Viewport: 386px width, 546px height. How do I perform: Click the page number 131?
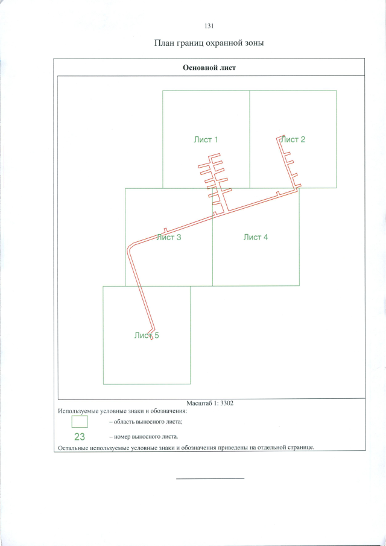click(x=209, y=26)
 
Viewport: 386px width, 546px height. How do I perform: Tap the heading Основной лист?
click(x=209, y=68)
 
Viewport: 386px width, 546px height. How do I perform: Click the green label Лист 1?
click(x=206, y=139)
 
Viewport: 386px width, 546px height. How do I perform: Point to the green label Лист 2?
click(x=293, y=139)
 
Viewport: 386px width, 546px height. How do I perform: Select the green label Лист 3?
click(x=169, y=238)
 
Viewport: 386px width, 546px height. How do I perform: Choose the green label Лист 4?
click(x=256, y=238)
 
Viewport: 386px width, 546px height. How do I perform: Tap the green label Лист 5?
click(x=147, y=335)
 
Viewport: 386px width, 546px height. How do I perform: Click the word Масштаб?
click(x=199, y=404)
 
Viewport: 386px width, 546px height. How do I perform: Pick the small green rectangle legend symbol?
click(x=80, y=422)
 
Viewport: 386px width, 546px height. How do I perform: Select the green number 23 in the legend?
click(x=80, y=437)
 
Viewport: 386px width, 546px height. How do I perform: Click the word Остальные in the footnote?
click(x=71, y=448)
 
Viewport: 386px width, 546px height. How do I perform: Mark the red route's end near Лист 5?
click(x=152, y=338)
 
